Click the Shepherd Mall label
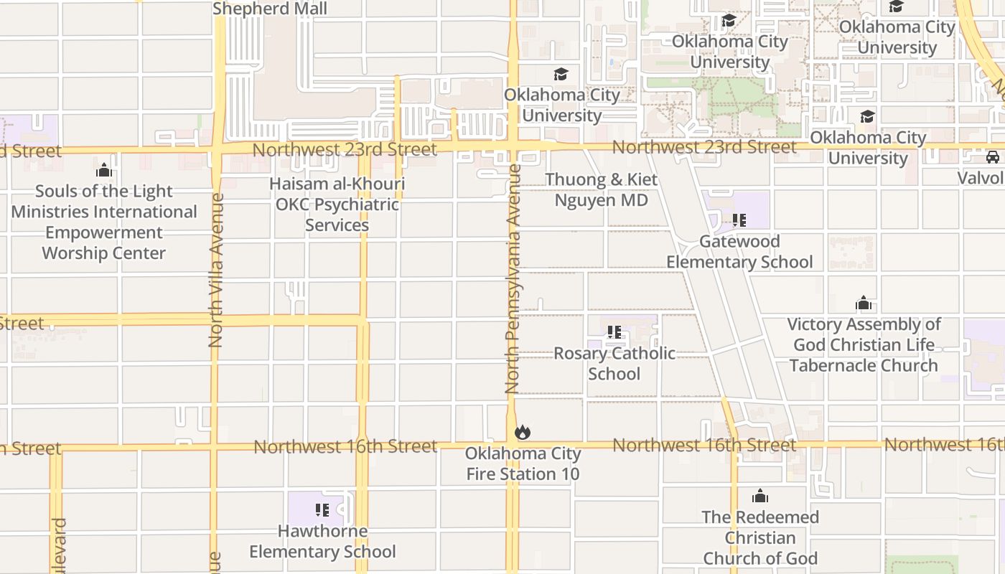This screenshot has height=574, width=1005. click(x=270, y=9)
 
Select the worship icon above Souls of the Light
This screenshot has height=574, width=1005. click(x=104, y=170)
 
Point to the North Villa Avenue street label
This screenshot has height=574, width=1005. click(x=216, y=270)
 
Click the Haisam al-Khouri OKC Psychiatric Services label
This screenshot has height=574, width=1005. click(x=337, y=204)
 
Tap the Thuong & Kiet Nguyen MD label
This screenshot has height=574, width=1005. click(x=601, y=189)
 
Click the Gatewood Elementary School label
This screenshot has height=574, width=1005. click(x=739, y=251)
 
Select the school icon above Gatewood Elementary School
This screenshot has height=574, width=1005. click(x=739, y=220)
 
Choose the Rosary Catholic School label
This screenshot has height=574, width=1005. click(x=614, y=363)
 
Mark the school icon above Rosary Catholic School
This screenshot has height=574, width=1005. click(x=614, y=332)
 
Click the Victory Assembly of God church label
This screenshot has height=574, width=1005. click(x=864, y=344)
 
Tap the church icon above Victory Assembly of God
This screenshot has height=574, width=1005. click(x=864, y=303)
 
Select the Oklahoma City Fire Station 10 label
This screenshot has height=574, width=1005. click(x=523, y=464)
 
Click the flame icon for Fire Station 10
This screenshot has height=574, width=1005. click(x=523, y=432)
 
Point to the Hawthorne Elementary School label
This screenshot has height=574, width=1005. click(x=322, y=541)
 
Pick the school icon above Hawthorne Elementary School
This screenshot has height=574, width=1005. click(x=322, y=510)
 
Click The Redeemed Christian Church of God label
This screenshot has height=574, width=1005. click(x=760, y=537)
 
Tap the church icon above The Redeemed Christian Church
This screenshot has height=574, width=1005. click(x=760, y=496)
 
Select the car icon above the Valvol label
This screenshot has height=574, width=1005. click(x=993, y=157)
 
